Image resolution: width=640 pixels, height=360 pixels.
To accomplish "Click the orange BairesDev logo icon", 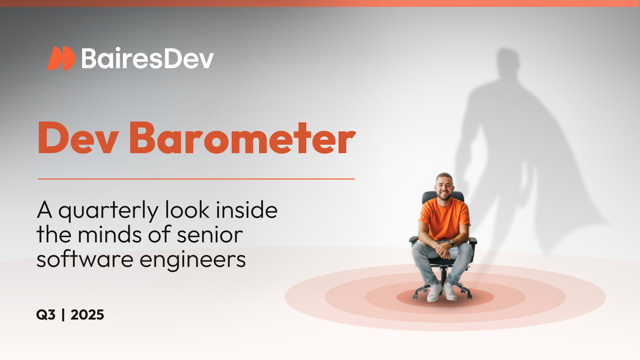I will point(61,58).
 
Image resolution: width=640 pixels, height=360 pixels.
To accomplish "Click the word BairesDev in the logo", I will point(147,58).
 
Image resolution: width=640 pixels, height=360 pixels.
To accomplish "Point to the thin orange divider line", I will point(196,179).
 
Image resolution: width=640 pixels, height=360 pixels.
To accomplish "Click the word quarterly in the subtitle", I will point(108,211).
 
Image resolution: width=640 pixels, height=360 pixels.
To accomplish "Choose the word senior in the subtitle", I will point(210,235).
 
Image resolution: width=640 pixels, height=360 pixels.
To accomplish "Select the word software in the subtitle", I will point(85,259).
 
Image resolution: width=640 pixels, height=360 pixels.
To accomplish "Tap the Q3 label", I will point(46,315).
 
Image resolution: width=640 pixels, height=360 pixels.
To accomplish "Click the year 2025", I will point(87,315).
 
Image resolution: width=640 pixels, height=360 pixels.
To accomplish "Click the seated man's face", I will point(444,187).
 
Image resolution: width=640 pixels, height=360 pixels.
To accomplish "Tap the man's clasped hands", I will point(443,249).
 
